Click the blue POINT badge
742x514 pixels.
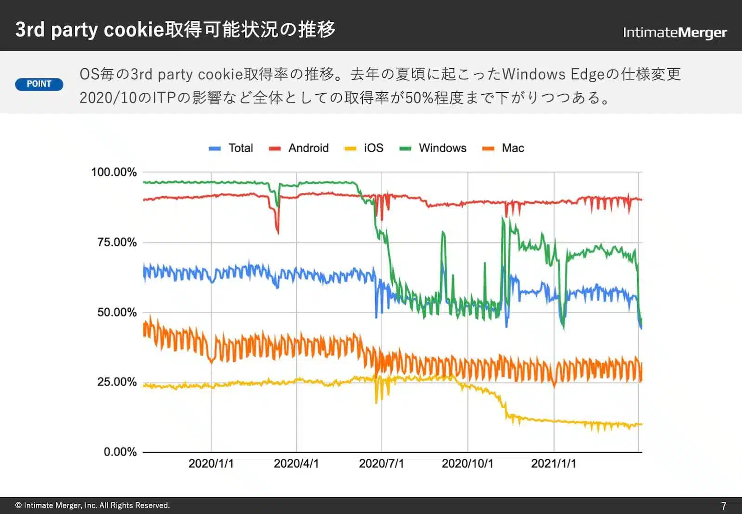click(39, 84)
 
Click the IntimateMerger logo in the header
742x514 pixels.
click(674, 32)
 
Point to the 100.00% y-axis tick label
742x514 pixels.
click(114, 172)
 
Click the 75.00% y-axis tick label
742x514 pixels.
click(117, 242)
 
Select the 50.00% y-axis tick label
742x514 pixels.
click(117, 312)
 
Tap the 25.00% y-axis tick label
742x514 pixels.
click(117, 382)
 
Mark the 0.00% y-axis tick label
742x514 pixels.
click(120, 452)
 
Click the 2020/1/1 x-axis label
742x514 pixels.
click(211, 463)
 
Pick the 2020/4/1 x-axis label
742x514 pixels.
click(296, 463)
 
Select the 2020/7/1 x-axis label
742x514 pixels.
click(381, 463)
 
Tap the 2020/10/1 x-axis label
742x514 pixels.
click(467, 463)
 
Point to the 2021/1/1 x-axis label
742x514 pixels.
click(553, 463)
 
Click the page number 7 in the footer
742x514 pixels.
click(723, 506)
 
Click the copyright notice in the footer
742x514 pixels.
click(93, 505)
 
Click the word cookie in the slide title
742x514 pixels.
click(134, 30)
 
